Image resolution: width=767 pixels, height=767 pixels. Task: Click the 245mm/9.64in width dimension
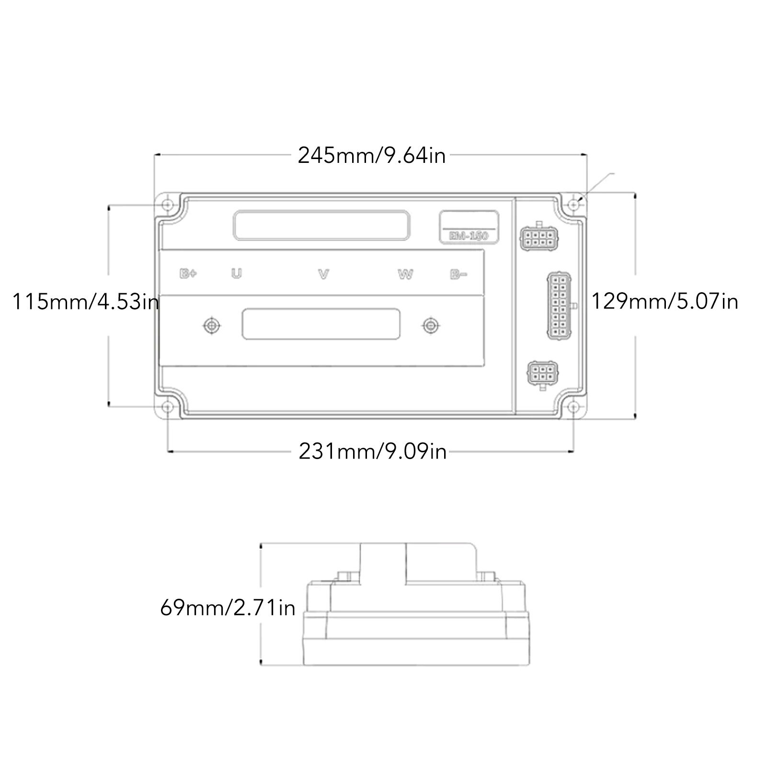click(x=372, y=156)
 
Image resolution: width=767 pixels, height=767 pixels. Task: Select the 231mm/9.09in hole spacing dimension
click(x=372, y=451)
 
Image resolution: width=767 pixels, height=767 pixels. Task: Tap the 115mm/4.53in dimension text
click(x=85, y=302)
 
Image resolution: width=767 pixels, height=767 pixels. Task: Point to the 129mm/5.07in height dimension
click(x=664, y=302)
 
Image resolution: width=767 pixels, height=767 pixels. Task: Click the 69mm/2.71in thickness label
click(x=228, y=608)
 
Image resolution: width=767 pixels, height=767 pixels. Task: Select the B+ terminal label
click(x=188, y=274)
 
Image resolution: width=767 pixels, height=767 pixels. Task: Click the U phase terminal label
click(x=237, y=274)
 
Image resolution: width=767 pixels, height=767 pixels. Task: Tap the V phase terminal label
click(x=324, y=274)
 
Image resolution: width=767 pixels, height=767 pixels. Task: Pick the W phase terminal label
click(x=405, y=274)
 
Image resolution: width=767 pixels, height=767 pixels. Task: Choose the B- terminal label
click(x=458, y=274)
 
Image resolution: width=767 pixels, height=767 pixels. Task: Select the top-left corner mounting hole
click(x=167, y=205)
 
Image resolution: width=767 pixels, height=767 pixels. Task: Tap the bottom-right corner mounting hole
click(x=574, y=407)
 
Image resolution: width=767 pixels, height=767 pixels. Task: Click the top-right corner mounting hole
click(x=574, y=205)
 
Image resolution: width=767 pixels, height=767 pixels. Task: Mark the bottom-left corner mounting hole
click(x=167, y=407)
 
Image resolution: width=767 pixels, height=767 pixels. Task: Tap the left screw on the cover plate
click(x=211, y=326)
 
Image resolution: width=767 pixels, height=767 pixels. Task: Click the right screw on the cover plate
click(x=431, y=326)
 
